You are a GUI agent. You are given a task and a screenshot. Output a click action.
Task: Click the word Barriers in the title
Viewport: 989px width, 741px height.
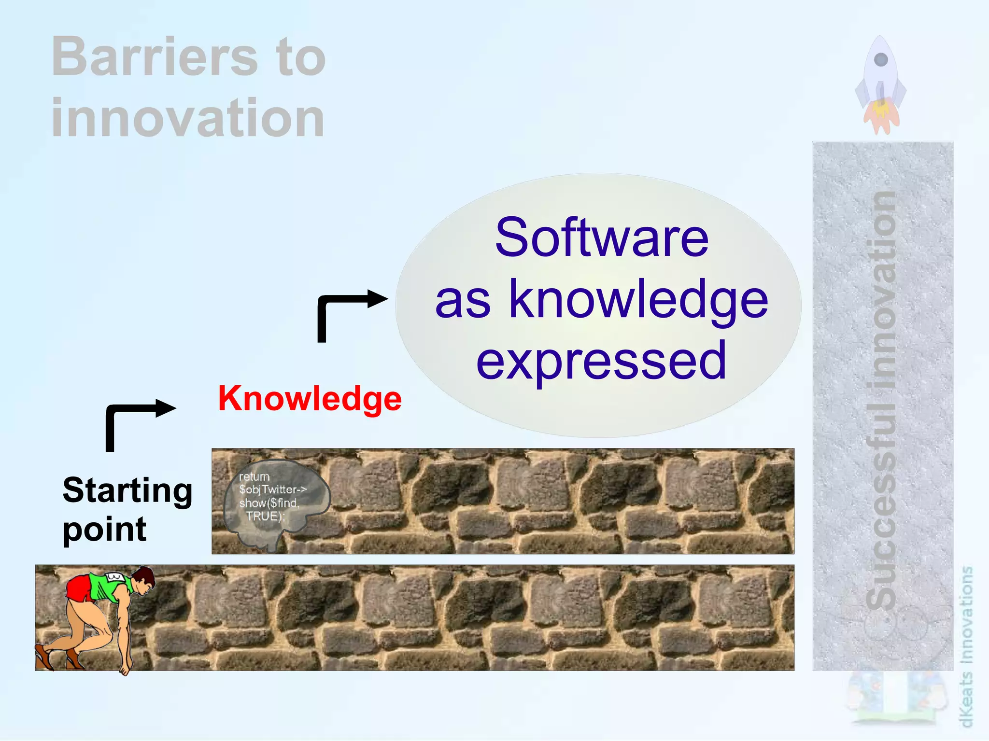155,57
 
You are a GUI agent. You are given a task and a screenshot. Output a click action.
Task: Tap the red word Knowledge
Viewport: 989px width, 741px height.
310,399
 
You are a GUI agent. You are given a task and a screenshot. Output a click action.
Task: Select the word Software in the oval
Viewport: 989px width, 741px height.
601,238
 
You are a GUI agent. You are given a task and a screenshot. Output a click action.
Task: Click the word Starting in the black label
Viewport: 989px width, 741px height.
127,490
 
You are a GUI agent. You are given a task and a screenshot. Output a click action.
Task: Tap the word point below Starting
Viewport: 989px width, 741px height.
104,530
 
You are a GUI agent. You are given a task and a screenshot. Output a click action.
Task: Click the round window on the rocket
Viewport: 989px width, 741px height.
881,60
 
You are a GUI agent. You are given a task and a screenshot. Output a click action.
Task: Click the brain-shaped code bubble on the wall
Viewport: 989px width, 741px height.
275,502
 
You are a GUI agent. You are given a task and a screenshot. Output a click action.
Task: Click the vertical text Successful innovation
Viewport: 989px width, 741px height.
882,401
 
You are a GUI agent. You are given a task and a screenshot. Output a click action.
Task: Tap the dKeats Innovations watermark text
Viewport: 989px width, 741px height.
966,647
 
